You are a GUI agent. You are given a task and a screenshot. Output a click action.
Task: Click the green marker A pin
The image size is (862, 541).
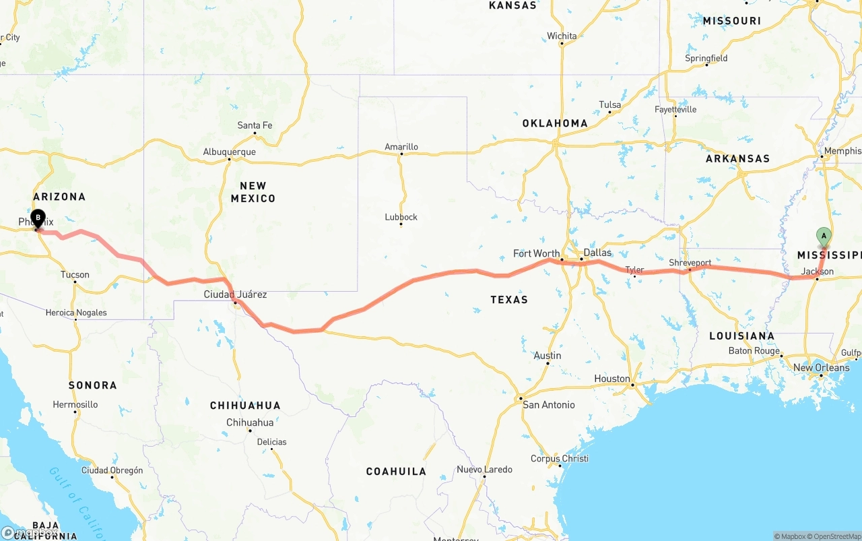823,236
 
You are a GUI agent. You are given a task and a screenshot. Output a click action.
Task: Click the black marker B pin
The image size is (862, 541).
38,218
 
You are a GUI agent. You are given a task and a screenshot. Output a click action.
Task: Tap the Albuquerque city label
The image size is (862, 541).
229,152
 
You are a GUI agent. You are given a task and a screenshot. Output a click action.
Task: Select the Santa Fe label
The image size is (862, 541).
255,125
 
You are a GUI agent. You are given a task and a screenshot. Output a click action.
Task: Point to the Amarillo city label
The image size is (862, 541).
401,147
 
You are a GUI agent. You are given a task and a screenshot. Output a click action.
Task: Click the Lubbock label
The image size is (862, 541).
401,217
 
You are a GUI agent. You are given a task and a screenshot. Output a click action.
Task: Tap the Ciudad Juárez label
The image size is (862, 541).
235,294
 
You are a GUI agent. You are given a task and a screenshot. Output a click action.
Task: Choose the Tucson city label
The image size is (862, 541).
75,275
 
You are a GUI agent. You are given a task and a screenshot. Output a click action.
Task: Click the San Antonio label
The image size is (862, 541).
549,405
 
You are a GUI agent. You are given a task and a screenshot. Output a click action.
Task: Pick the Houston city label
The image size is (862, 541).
612,379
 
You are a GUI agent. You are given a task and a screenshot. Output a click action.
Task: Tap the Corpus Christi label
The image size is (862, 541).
560,459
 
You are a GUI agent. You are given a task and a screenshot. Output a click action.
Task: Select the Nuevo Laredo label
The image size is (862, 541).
484,470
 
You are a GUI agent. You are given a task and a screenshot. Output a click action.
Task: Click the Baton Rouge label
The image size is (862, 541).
754,351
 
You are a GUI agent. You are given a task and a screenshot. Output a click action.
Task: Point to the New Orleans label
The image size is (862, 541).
821,368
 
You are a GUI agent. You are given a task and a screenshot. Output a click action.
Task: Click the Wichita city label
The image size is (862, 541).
562,36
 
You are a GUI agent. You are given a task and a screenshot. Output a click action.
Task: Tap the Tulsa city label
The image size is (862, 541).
610,105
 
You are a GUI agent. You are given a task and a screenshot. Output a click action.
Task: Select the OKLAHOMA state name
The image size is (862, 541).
555,123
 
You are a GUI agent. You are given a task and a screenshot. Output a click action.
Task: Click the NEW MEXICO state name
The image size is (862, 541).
253,192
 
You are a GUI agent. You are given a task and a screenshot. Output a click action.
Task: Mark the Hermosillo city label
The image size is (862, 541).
75,405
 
